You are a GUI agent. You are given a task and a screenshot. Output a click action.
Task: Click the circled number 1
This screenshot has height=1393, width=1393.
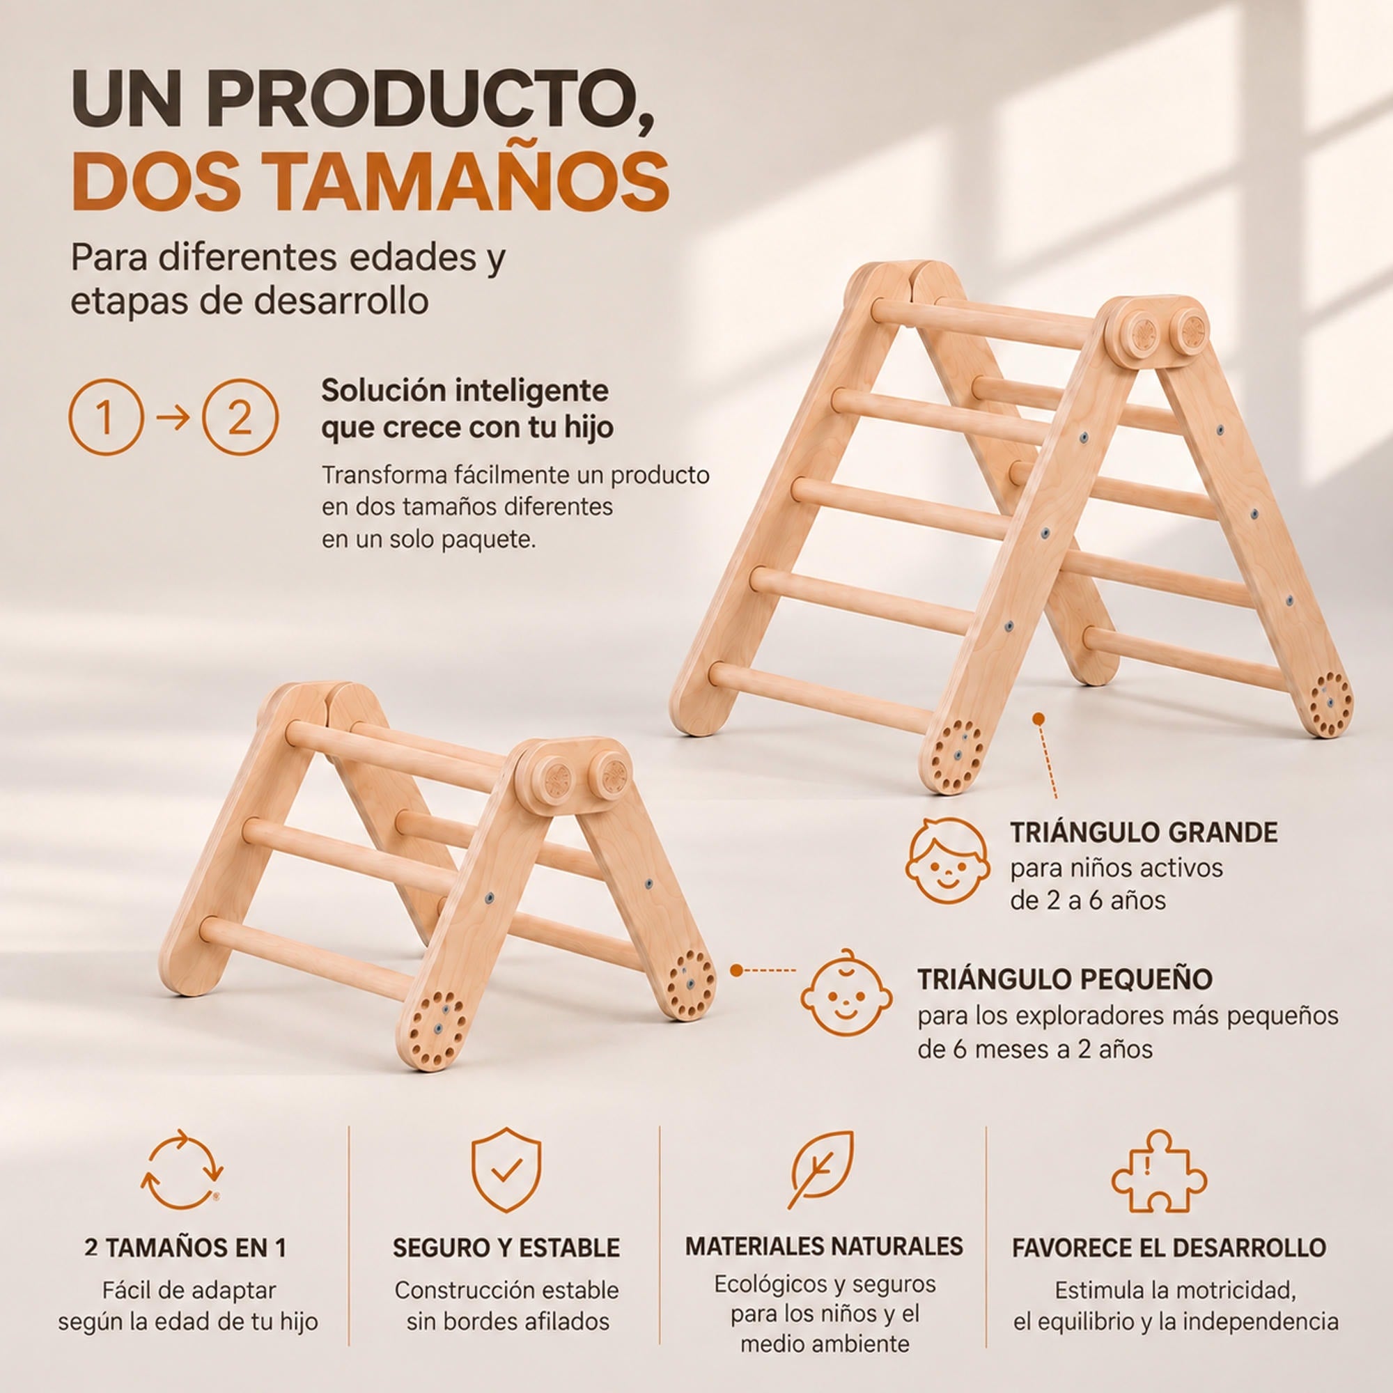(104, 417)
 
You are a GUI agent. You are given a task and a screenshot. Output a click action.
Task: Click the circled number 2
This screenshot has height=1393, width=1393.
(240, 417)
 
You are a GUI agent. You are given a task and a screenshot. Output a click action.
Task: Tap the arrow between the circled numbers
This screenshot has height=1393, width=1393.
(172, 417)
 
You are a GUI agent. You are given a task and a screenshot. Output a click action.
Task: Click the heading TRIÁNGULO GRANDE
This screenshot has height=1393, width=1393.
(1144, 833)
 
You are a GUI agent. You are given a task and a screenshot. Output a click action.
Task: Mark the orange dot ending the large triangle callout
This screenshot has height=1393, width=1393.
(1038, 719)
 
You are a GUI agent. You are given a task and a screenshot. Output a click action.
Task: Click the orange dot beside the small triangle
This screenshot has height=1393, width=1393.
(736, 970)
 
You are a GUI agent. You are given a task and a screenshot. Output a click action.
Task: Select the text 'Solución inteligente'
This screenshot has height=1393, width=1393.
(465, 391)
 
